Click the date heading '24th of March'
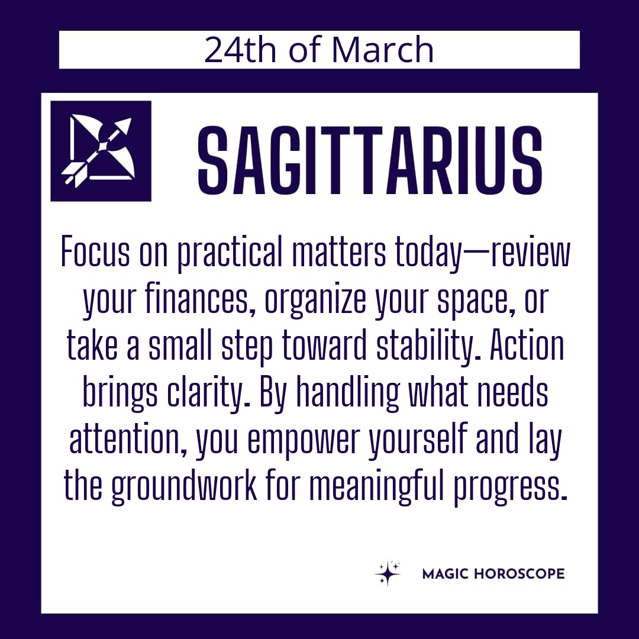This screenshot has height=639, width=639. point(319,50)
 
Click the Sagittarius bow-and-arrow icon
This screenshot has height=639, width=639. point(101,151)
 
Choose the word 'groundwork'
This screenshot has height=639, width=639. point(184,487)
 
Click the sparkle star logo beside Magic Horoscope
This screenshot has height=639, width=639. point(387,574)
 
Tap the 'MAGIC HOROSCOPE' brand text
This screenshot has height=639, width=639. point(493,574)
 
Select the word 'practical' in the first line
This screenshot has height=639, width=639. point(230,253)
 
